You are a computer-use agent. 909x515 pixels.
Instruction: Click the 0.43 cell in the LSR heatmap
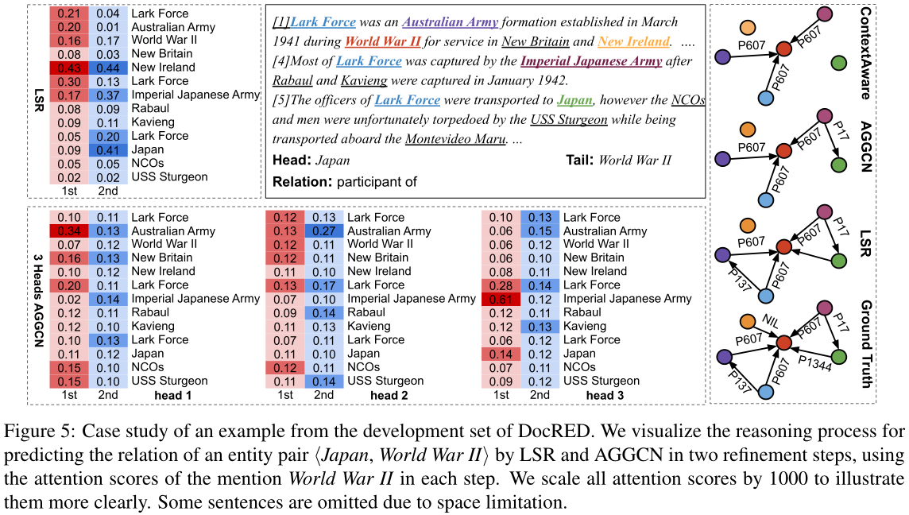click(69, 68)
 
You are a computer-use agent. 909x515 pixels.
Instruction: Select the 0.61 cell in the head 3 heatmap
click(501, 299)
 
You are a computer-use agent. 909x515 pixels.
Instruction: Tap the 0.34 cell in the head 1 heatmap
click(69, 231)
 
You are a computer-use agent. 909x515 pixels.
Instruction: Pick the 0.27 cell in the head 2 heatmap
click(323, 231)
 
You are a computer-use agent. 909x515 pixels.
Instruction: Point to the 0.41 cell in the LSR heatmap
click(107, 150)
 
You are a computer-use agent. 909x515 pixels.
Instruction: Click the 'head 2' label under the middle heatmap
click(389, 396)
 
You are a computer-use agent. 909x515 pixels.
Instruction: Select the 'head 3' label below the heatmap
click(605, 396)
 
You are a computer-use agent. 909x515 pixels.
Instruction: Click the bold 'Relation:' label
click(301, 182)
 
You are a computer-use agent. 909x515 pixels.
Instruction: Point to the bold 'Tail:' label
click(578, 160)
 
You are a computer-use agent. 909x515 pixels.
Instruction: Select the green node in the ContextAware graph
click(837, 62)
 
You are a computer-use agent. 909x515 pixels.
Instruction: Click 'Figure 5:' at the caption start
click(33, 433)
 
